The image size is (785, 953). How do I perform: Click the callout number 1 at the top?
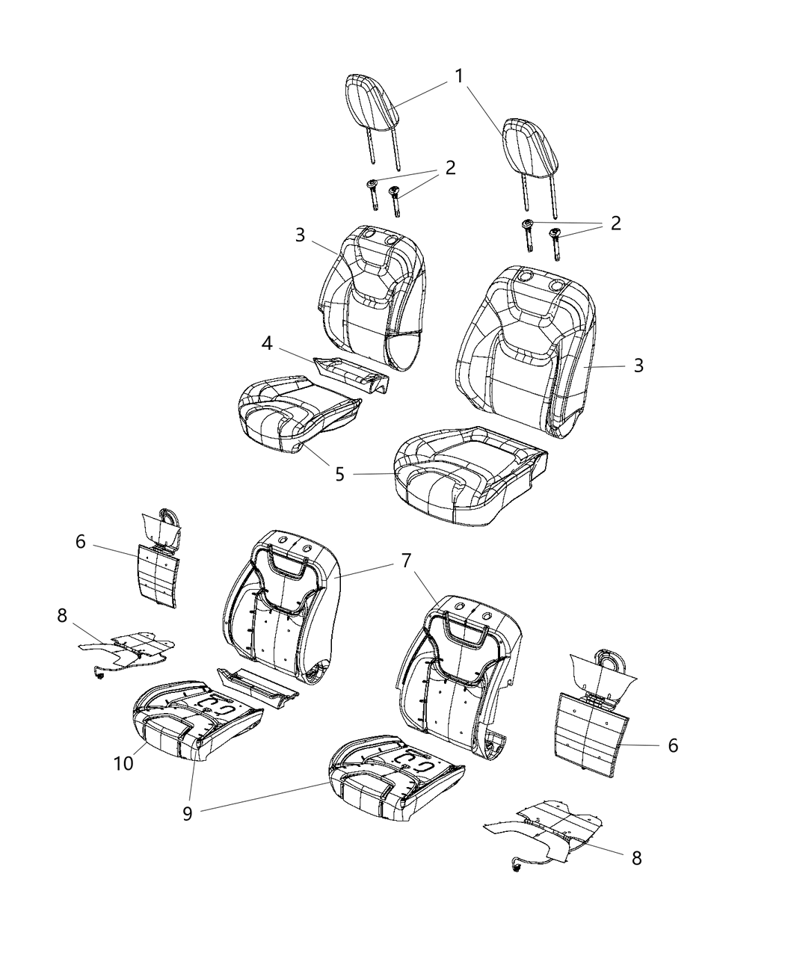point(459,75)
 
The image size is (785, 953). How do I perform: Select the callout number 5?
point(340,475)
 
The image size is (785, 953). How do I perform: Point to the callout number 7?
point(405,561)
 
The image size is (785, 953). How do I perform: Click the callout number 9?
point(188,812)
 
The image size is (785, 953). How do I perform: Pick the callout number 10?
point(124,763)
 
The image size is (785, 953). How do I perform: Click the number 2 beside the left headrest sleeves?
point(450,167)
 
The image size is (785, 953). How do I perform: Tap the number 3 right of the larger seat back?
point(638,366)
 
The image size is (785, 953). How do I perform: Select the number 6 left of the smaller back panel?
point(81,541)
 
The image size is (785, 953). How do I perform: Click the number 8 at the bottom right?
point(636,857)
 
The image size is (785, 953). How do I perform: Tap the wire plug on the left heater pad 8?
point(99,676)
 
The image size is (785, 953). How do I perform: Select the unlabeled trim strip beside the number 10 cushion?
point(258,685)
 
